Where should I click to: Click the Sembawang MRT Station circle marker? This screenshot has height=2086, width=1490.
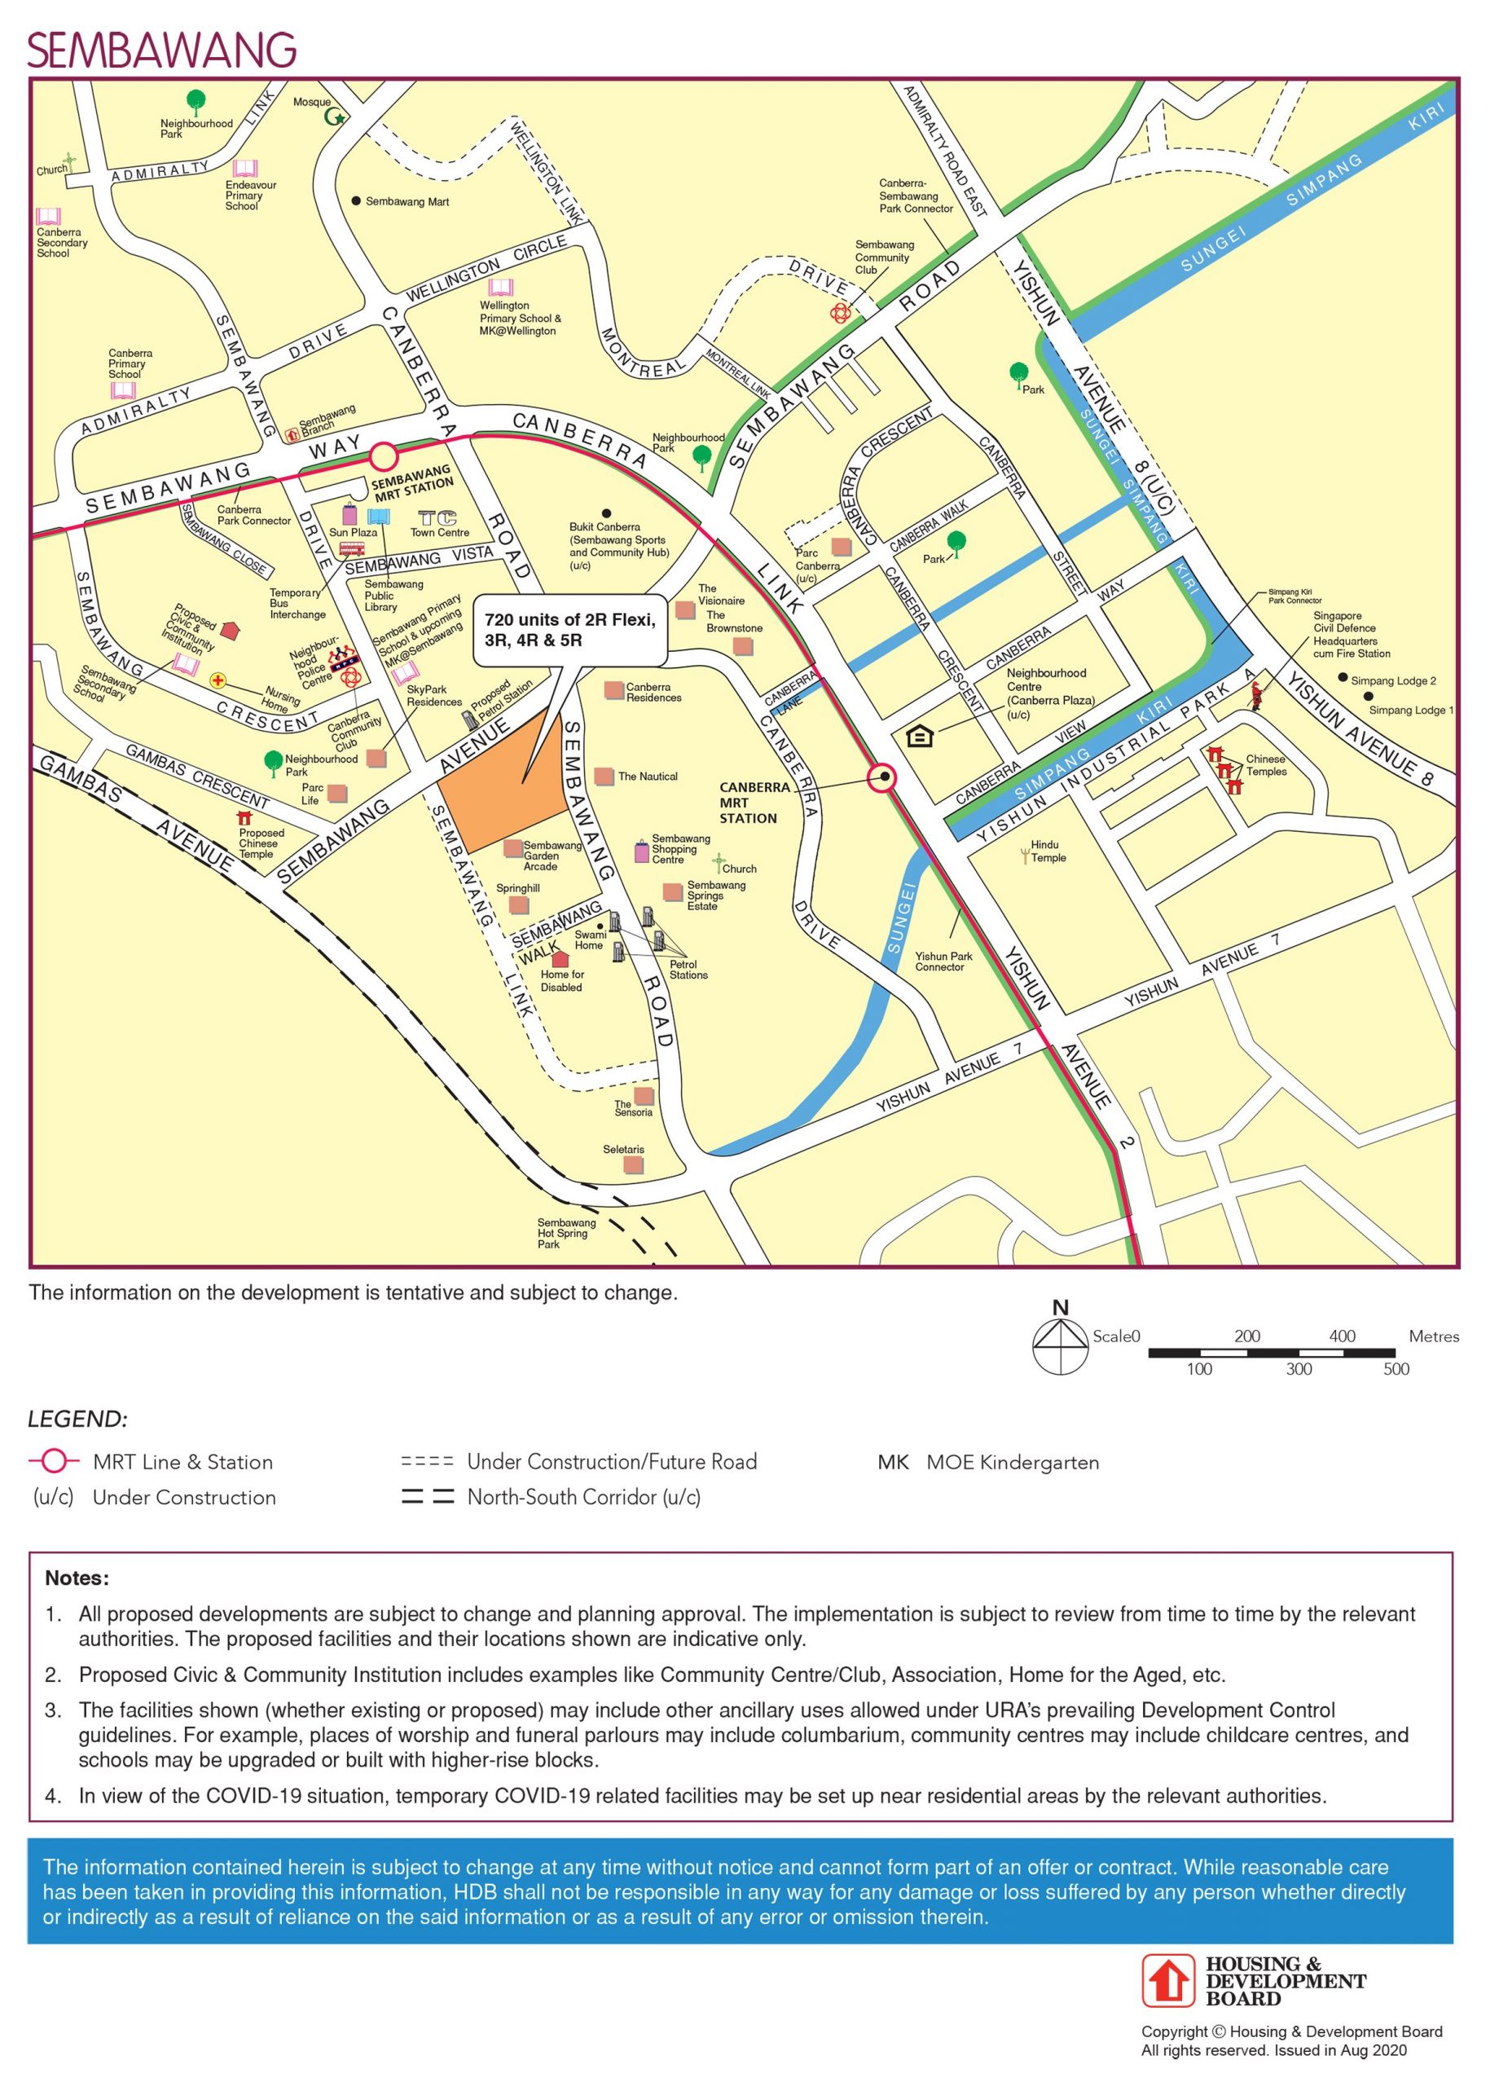384,456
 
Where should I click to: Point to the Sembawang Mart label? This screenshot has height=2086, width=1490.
407,202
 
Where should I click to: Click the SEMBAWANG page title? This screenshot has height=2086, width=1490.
161,51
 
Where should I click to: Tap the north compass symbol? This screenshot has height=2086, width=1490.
1061,1346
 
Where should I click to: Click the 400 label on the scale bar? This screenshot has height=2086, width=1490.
1342,1336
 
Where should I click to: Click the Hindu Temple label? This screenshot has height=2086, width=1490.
1048,851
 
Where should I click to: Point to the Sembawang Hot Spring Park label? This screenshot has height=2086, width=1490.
566,1234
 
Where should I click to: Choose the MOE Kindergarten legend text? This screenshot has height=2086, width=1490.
1012,1462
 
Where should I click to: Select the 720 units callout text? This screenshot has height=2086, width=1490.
569,630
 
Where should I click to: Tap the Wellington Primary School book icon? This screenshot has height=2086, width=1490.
501,288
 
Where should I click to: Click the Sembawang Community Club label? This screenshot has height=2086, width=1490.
884,257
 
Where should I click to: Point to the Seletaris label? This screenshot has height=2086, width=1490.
623,1149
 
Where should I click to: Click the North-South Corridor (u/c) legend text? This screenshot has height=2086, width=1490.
583,1497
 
